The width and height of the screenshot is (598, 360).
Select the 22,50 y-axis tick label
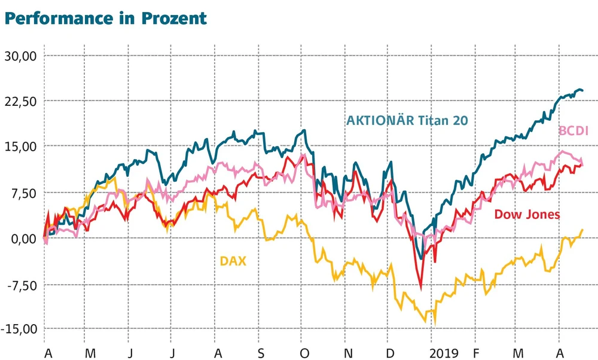point(21,101)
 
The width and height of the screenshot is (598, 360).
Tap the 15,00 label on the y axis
point(21,147)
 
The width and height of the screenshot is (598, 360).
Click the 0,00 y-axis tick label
point(24,238)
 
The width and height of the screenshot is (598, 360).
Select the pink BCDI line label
point(573,130)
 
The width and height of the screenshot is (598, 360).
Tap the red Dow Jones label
point(527,214)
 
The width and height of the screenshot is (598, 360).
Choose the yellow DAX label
point(233,260)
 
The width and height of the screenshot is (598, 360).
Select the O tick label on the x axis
point(304,353)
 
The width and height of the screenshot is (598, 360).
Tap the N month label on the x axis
point(348,353)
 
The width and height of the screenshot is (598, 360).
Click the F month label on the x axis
point(477,353)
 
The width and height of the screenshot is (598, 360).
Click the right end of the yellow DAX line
point(582,230)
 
